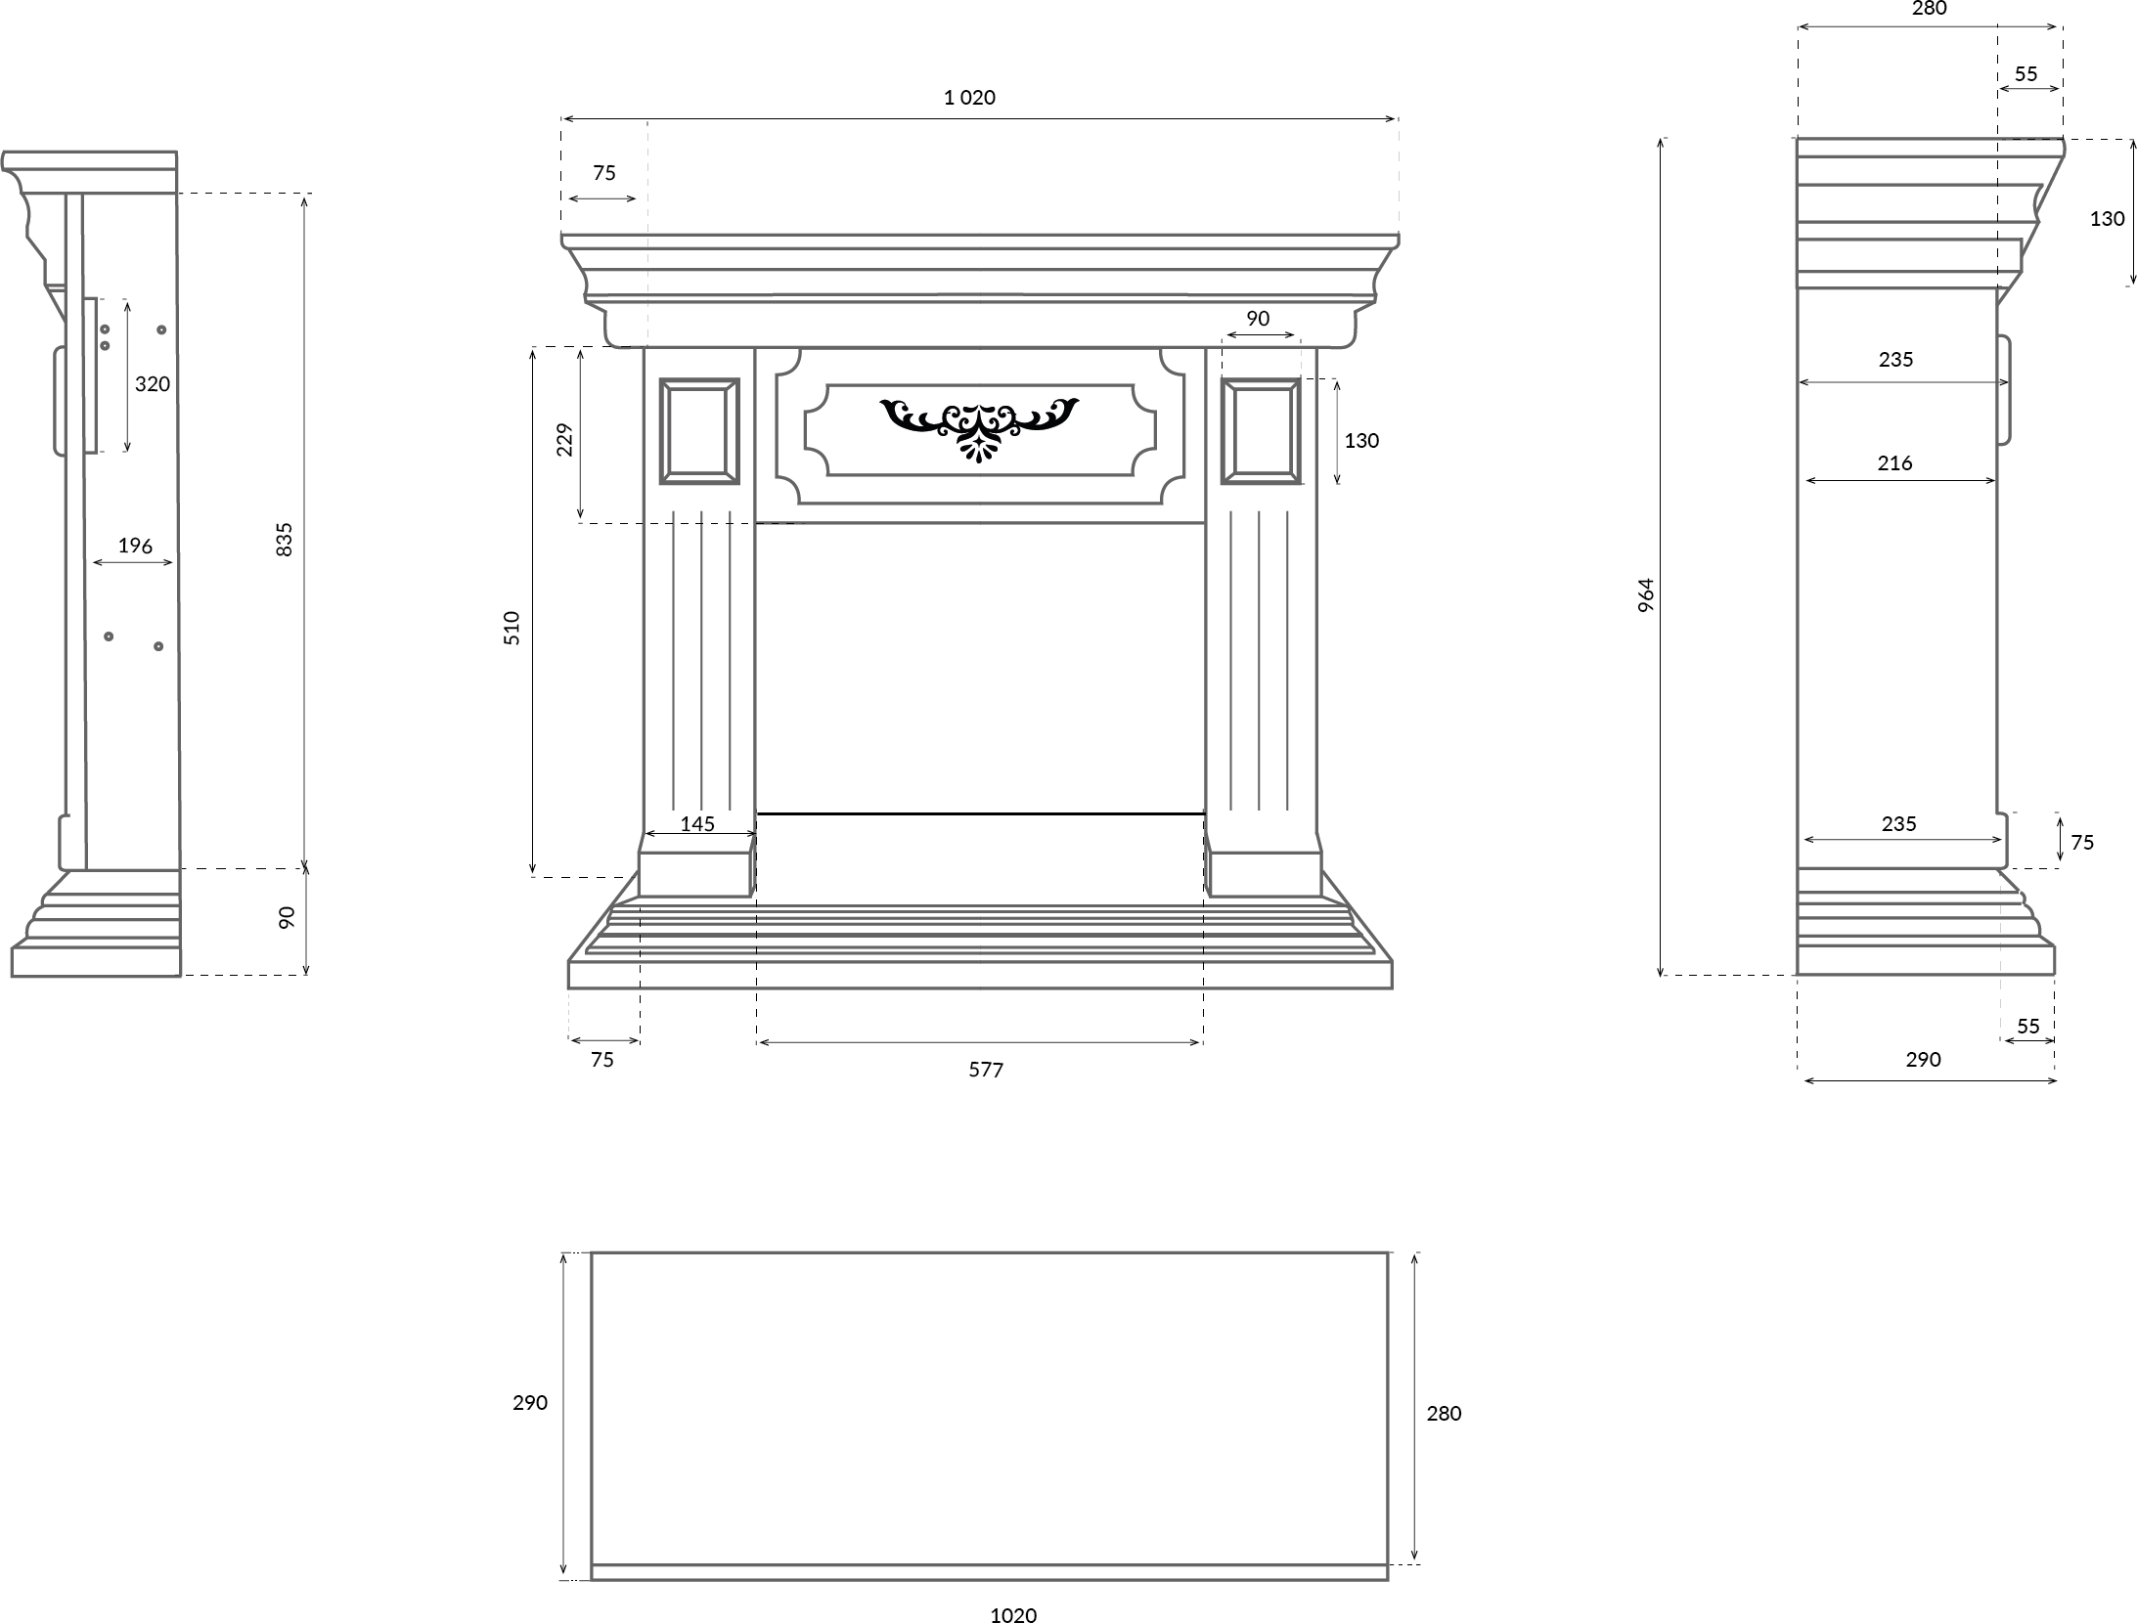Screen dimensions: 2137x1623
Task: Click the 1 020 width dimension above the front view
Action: coord(969,97)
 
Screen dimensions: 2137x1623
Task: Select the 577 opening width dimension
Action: coord(986,1070)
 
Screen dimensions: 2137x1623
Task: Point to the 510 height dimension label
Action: coord(512,627)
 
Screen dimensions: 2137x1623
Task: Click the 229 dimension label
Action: coord(564,440)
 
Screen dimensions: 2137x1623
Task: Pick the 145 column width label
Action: coord(697,823)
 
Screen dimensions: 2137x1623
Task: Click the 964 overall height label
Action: coord(1646,595)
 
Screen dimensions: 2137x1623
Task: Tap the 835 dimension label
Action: coord(285,540)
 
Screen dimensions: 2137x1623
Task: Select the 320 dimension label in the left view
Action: coord(153,383)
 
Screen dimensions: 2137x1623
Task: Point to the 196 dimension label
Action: coord(135,546)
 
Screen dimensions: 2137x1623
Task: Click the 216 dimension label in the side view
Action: coord(1894,462)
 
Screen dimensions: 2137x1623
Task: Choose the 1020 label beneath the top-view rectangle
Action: coord(1013,1615)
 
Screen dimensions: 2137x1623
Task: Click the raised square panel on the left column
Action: coord(699,431)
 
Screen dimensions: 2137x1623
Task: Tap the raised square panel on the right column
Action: coord(1261,431)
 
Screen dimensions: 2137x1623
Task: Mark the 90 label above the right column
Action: coord(1258,318)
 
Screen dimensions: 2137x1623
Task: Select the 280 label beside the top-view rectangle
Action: coord(1444,1413)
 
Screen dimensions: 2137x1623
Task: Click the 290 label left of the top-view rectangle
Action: coord(530,1402)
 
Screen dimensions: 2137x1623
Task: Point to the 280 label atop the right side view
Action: coord(1929,9)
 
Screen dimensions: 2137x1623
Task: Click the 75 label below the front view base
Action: coord(602,1059)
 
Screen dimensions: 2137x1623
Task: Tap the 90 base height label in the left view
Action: coord(287,917)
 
